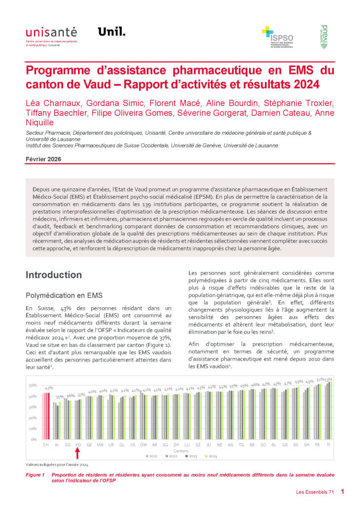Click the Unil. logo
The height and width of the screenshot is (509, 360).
(111, 32)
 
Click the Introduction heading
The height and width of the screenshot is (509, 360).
(54, 275)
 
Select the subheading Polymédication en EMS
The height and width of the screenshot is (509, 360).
(64, 295)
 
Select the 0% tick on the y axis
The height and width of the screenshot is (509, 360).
(34, 439)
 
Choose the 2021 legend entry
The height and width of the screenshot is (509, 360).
(151, 456)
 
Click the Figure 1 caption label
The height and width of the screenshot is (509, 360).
(36, 474)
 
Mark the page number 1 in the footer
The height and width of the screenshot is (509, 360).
(342, 492)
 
